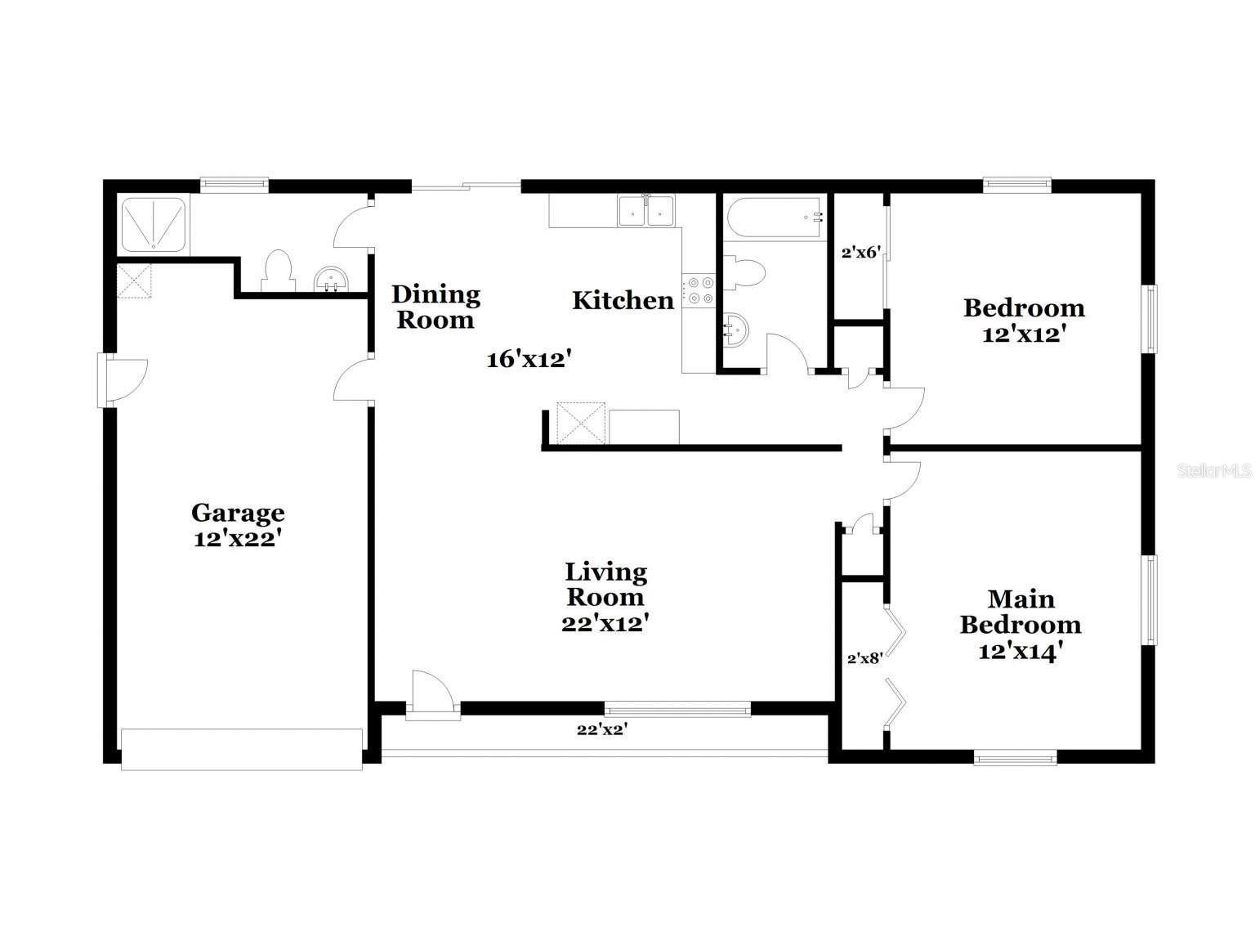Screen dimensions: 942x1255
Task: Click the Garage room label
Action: pos(238,513)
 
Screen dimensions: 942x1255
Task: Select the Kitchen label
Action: pos(623,300)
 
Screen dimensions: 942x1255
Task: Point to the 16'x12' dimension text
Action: pos(528,358)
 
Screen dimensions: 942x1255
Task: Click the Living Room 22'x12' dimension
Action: pos(605,623)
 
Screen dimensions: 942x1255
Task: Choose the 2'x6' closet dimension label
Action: pos(860,252)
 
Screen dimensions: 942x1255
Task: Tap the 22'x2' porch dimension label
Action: pos(601,729)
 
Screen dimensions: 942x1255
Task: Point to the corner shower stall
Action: pos(154,223)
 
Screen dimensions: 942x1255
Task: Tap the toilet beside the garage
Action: pos(278,271)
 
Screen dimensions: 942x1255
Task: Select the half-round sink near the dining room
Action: pos(332,280)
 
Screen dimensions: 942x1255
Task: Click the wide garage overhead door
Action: pos(242,749)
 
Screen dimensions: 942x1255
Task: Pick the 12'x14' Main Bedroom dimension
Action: pos(1020,651)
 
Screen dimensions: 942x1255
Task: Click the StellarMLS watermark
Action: pos(1215,471)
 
